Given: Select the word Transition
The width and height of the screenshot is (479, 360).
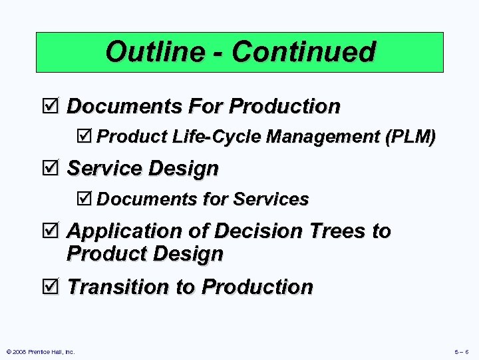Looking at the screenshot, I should coord(118,287).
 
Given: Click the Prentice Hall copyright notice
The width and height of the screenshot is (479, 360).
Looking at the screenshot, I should coord(39,351).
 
